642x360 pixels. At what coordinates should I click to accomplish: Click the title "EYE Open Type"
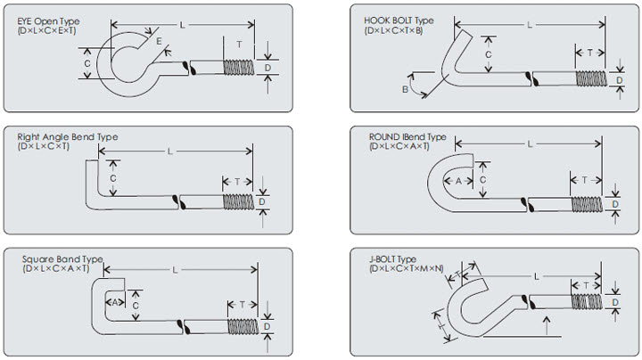48,20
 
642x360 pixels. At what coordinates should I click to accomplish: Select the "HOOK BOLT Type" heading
399,20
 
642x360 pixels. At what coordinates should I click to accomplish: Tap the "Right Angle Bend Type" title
67,137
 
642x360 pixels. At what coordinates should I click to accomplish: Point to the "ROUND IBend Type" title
407,137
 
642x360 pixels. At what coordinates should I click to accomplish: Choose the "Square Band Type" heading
62,259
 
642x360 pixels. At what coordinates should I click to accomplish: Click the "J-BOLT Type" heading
392,259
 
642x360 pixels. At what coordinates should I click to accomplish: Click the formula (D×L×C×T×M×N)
407,268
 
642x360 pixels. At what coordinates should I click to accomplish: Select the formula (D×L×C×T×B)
394,30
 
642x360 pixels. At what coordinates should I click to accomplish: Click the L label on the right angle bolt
169,151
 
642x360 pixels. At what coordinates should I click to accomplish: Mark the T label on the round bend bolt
584,180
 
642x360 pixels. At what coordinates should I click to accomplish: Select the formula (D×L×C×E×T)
47,30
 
